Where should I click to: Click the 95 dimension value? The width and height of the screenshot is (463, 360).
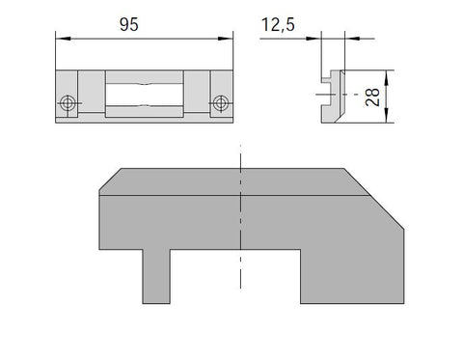point(129,25)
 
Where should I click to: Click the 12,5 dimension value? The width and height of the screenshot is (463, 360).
point(278,25)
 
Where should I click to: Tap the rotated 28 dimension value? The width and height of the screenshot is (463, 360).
point(372,97)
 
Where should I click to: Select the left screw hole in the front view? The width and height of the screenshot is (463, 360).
point(68,103)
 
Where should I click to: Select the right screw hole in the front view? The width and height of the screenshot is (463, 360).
point(221,103)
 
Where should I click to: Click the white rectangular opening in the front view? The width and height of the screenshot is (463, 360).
point(145,95)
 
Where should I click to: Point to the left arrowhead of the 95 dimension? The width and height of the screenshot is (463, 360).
point(63,39)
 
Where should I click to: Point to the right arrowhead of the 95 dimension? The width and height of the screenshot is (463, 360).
point(225,39)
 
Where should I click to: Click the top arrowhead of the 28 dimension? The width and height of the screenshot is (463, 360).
point(386,77)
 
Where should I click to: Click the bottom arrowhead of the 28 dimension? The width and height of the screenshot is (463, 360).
point(386,115)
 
